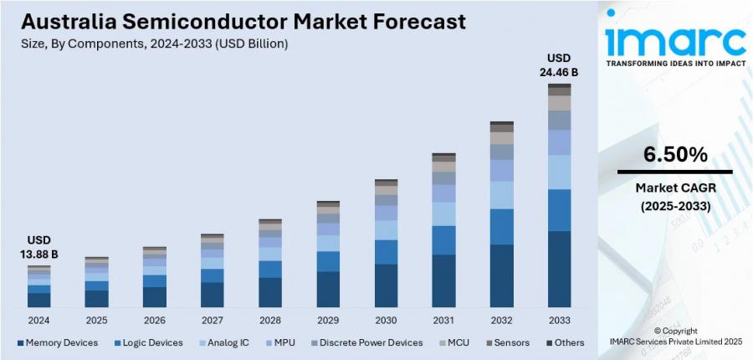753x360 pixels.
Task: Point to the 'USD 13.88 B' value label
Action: pyautogui.click(x=38, y=247)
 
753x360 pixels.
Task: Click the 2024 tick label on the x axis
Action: pyautogui.click(x=38, y=321)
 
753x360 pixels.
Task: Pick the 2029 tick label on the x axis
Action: pyautogui.click(x=328, y=321)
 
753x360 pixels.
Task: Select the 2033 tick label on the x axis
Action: pyautogui.click(x=559, y=321)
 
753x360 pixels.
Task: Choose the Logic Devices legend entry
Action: pyautogui.click(x=148, y=342)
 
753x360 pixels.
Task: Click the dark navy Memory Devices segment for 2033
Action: pyautogui.click(x=559, y=269)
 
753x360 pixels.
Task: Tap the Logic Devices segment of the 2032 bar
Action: pyautogui.click(x=501, y=227)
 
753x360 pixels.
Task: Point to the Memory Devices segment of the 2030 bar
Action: pyautogui.click(x=386, y=285)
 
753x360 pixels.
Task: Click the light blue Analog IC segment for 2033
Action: pyautogui.click(x=559, y=172)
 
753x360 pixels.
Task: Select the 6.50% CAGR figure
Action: pyautogui.click(x=674, y=155)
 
